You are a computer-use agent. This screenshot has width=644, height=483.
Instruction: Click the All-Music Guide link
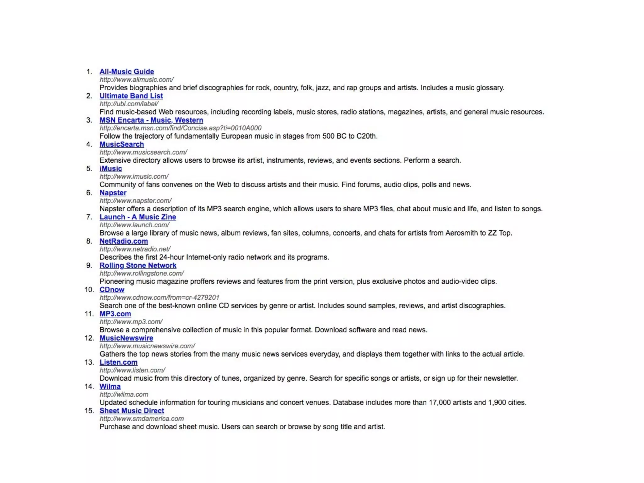point(127,72)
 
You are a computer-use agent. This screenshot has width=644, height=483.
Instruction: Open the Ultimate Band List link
point(131,96)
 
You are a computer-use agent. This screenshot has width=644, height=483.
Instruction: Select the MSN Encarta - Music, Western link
point(151,120)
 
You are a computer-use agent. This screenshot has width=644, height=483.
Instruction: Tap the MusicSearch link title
point(122,144)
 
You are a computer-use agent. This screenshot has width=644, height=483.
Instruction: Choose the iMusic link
point(111,169)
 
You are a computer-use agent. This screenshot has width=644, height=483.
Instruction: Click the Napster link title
point(113,193)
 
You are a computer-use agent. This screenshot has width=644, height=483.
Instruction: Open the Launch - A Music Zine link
point(138,217)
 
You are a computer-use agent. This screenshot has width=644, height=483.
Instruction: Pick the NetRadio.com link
point(124,241)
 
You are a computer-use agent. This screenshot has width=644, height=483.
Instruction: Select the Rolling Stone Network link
point(138,265)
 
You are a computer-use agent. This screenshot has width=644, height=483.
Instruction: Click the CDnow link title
point(112,290)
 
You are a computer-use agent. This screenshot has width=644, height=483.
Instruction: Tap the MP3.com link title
point(115,314)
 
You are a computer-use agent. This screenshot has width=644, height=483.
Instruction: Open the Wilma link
point(110,386)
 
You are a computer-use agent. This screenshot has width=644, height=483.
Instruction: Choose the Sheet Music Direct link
point(132,411)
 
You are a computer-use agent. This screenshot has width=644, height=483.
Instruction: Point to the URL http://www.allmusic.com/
point(136,80)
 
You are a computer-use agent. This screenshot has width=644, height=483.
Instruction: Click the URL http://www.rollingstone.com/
point(142,274)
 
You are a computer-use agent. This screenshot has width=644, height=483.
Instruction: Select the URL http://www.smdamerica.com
point(142,419)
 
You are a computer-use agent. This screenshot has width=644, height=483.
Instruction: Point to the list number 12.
point(89,338)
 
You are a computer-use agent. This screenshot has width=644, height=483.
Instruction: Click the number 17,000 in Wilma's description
point(440,402)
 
